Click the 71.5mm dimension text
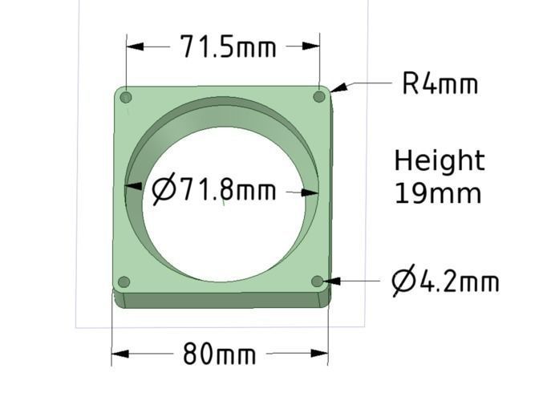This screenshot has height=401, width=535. coord(228,47)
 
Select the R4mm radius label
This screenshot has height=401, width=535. coord(440,83)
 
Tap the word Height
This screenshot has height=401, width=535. coord(439,161)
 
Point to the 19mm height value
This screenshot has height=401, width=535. coord(437,193)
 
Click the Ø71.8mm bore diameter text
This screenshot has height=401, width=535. coord(214,191)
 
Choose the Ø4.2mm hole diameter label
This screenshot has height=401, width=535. coord(445,282)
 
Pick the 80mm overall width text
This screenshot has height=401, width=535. coord(219,354)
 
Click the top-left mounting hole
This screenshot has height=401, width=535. coord(126,98)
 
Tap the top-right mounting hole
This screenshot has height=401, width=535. coord(318,96)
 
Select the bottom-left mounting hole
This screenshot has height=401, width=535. coord(124,282)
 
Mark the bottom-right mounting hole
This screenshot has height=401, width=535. coord(318,281)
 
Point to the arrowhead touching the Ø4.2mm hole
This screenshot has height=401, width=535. coord(331,281)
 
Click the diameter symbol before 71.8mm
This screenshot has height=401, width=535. coord(164,190)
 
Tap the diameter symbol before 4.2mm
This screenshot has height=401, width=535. coord(403,282)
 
